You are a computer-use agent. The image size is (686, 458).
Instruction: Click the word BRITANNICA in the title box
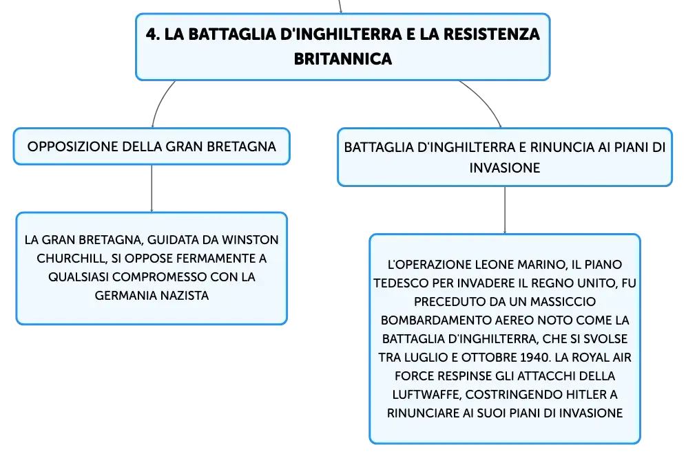[x=342, y=59]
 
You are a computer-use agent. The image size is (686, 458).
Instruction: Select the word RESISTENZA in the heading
[x=492, y=34]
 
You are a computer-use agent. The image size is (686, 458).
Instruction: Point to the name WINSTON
[x=250, y=240]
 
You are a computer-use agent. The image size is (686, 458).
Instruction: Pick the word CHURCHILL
[x=72, y=259]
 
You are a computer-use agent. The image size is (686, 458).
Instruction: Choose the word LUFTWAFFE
[x=426, y=395]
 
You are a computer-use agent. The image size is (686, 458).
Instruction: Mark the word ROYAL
[x=590, y=358]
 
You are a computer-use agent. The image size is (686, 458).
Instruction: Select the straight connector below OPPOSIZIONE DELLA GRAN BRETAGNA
[x=152, y=188]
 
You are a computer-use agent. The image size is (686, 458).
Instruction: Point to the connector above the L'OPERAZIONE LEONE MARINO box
[x=505, y=210]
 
